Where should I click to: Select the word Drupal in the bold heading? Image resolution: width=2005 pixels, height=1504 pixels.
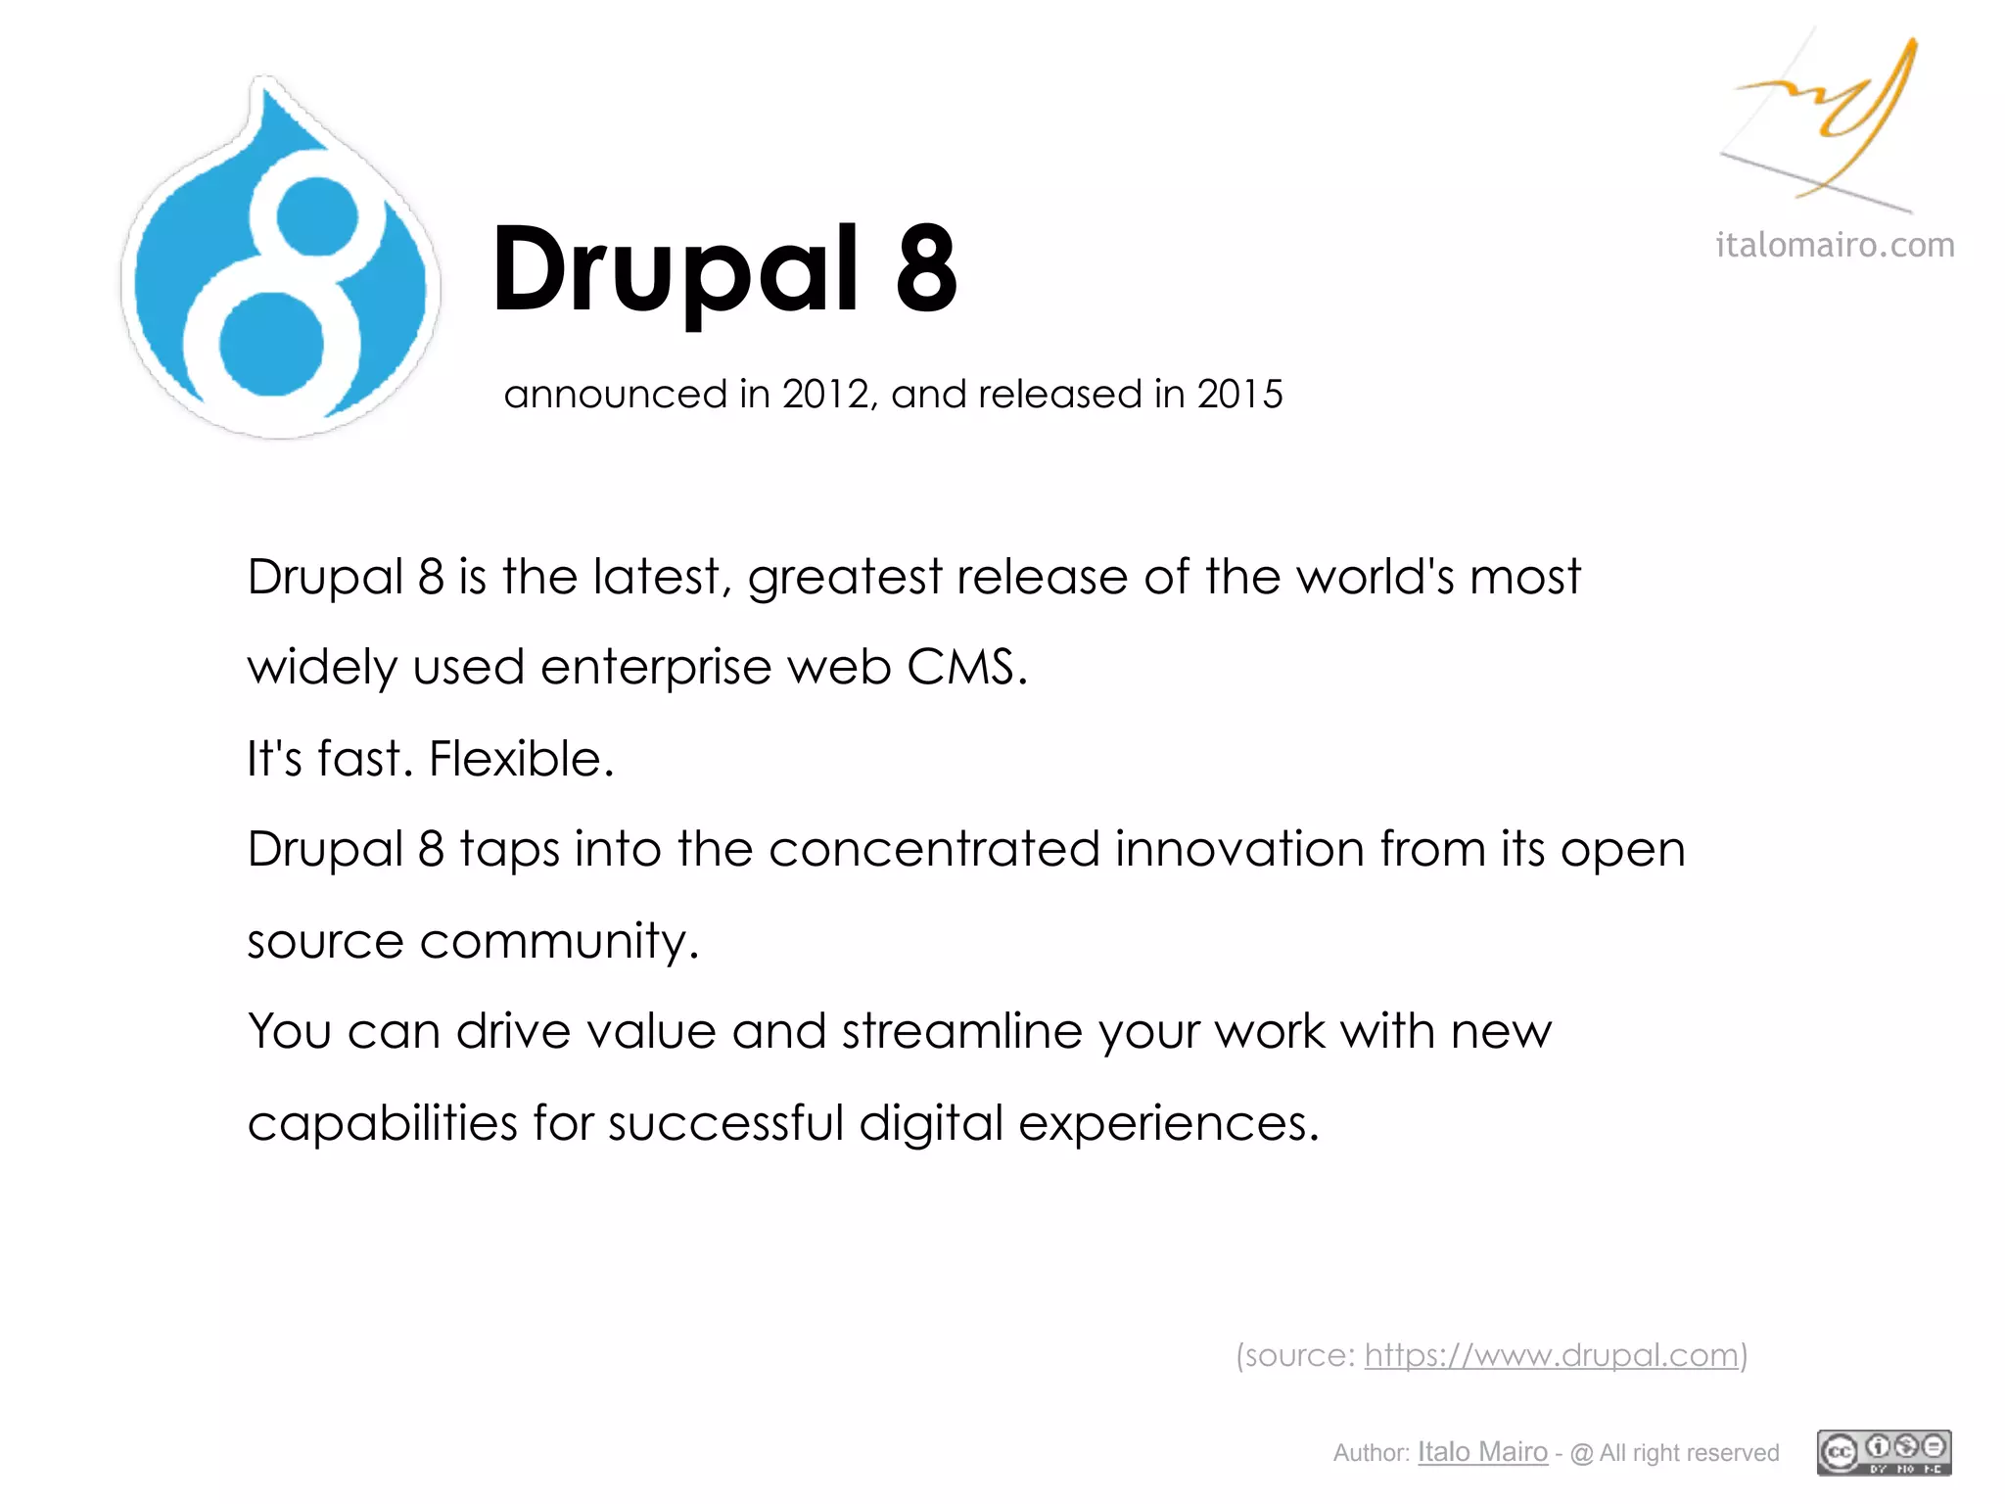tap(675, 270)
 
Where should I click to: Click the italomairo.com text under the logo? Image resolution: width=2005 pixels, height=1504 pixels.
tap(1834, 245)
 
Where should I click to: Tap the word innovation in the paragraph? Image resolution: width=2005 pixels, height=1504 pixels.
tap(1238, 849)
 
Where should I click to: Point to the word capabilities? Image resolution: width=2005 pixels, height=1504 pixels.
tap(382, 1123)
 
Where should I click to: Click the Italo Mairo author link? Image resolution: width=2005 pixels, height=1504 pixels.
tap(1482, 1452)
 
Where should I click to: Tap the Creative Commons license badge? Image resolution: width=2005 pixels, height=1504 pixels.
tap(1884, 1452)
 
